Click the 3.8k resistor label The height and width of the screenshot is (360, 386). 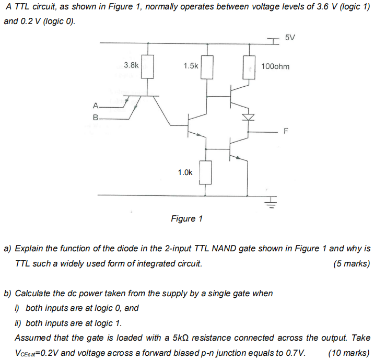(131, 65)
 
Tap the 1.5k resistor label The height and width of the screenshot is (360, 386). (191, 66)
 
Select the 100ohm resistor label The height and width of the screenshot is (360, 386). (275, 66)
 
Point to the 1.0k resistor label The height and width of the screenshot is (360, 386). (185, 172)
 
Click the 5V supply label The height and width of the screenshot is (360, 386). (290, 38)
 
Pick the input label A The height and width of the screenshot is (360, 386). (95, 108)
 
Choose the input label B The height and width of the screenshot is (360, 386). (95, 119)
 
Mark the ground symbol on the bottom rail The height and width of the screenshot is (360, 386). (272, 201)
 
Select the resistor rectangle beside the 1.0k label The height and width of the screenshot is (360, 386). (206, 172)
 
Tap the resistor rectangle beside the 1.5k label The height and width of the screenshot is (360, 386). (206, 67)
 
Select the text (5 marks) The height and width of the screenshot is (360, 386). (351, 264)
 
